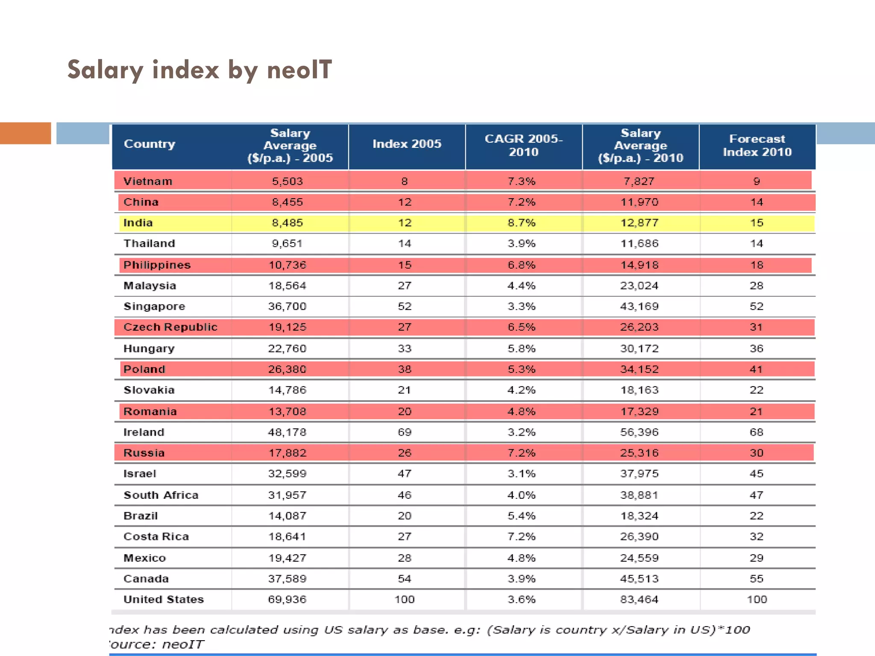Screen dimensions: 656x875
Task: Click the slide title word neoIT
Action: (x=299, y=70)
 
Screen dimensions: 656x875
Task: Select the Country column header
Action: (x=150, y=144)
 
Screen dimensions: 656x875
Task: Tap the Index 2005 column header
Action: (x=407, y=144)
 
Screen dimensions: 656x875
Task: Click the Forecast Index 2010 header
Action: (x=757, y=145)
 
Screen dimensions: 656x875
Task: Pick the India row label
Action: (x=138, y=223)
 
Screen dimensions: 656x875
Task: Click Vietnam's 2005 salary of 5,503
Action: (x=288, y=182)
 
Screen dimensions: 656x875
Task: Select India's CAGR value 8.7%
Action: (x=521, y=223)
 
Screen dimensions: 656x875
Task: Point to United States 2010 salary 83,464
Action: (x=639, y=600)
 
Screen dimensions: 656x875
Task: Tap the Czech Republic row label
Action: (x=170, y=327)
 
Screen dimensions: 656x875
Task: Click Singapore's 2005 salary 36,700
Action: (x=288, y=307)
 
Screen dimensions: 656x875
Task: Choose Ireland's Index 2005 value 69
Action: (x=405, y=432)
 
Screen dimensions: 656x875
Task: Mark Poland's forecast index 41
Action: (x=756, y=369)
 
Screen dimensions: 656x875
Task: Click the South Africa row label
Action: (x=161, y=495)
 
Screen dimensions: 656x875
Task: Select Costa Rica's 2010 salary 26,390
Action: (x=639, y=537)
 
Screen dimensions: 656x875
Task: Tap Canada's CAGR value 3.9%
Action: (x=521, y=579)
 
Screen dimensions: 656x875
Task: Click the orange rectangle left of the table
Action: (x=26, y=133)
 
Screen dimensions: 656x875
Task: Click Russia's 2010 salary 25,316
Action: (x=639, y=453)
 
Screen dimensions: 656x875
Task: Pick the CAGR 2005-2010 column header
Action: (x=524, y=145)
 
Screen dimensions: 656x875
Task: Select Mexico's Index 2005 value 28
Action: (x=405, y=558)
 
